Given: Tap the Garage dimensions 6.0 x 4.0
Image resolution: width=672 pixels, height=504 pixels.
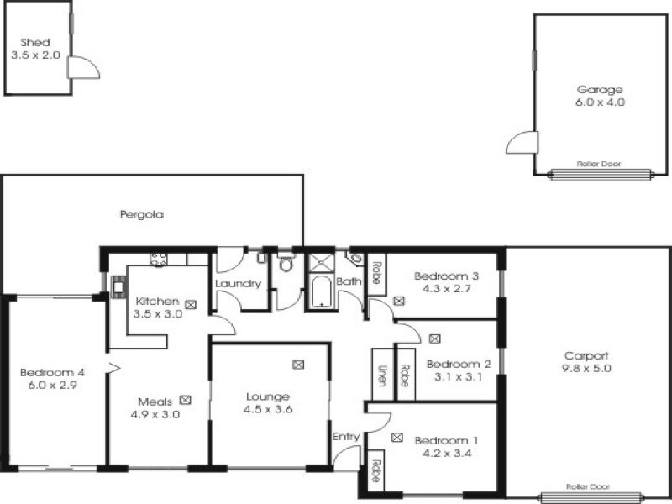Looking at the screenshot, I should (x=600, y=102).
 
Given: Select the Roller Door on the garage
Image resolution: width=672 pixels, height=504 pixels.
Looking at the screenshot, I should (x=600, y=174).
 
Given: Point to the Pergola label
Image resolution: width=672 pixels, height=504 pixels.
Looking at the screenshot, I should (x=141, y=214).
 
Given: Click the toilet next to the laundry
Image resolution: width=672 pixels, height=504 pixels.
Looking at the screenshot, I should (x=286, y=265).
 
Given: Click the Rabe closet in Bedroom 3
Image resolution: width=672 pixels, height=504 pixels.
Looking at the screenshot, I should (x=376, y=274).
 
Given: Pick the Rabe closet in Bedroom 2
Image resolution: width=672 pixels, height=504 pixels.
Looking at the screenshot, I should (x=405, y=372).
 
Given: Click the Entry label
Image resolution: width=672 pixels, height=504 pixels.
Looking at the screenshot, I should (x=345, y=436).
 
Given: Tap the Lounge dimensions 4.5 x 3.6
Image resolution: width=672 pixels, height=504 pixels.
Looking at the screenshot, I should (x=268, y=409).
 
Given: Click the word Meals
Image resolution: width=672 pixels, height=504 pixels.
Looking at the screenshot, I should (x=157, y=402).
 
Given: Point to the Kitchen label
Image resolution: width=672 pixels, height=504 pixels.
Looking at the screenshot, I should (x=157, y=302).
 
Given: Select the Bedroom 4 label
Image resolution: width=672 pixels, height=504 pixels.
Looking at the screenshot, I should (x=52, y=373).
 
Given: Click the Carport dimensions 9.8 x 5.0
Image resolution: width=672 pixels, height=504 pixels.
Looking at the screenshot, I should (x=587, y=367).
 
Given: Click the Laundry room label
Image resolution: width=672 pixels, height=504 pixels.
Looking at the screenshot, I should (x=239, y=283).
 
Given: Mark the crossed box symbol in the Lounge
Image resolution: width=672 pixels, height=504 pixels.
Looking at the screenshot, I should (x=298, y=365).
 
